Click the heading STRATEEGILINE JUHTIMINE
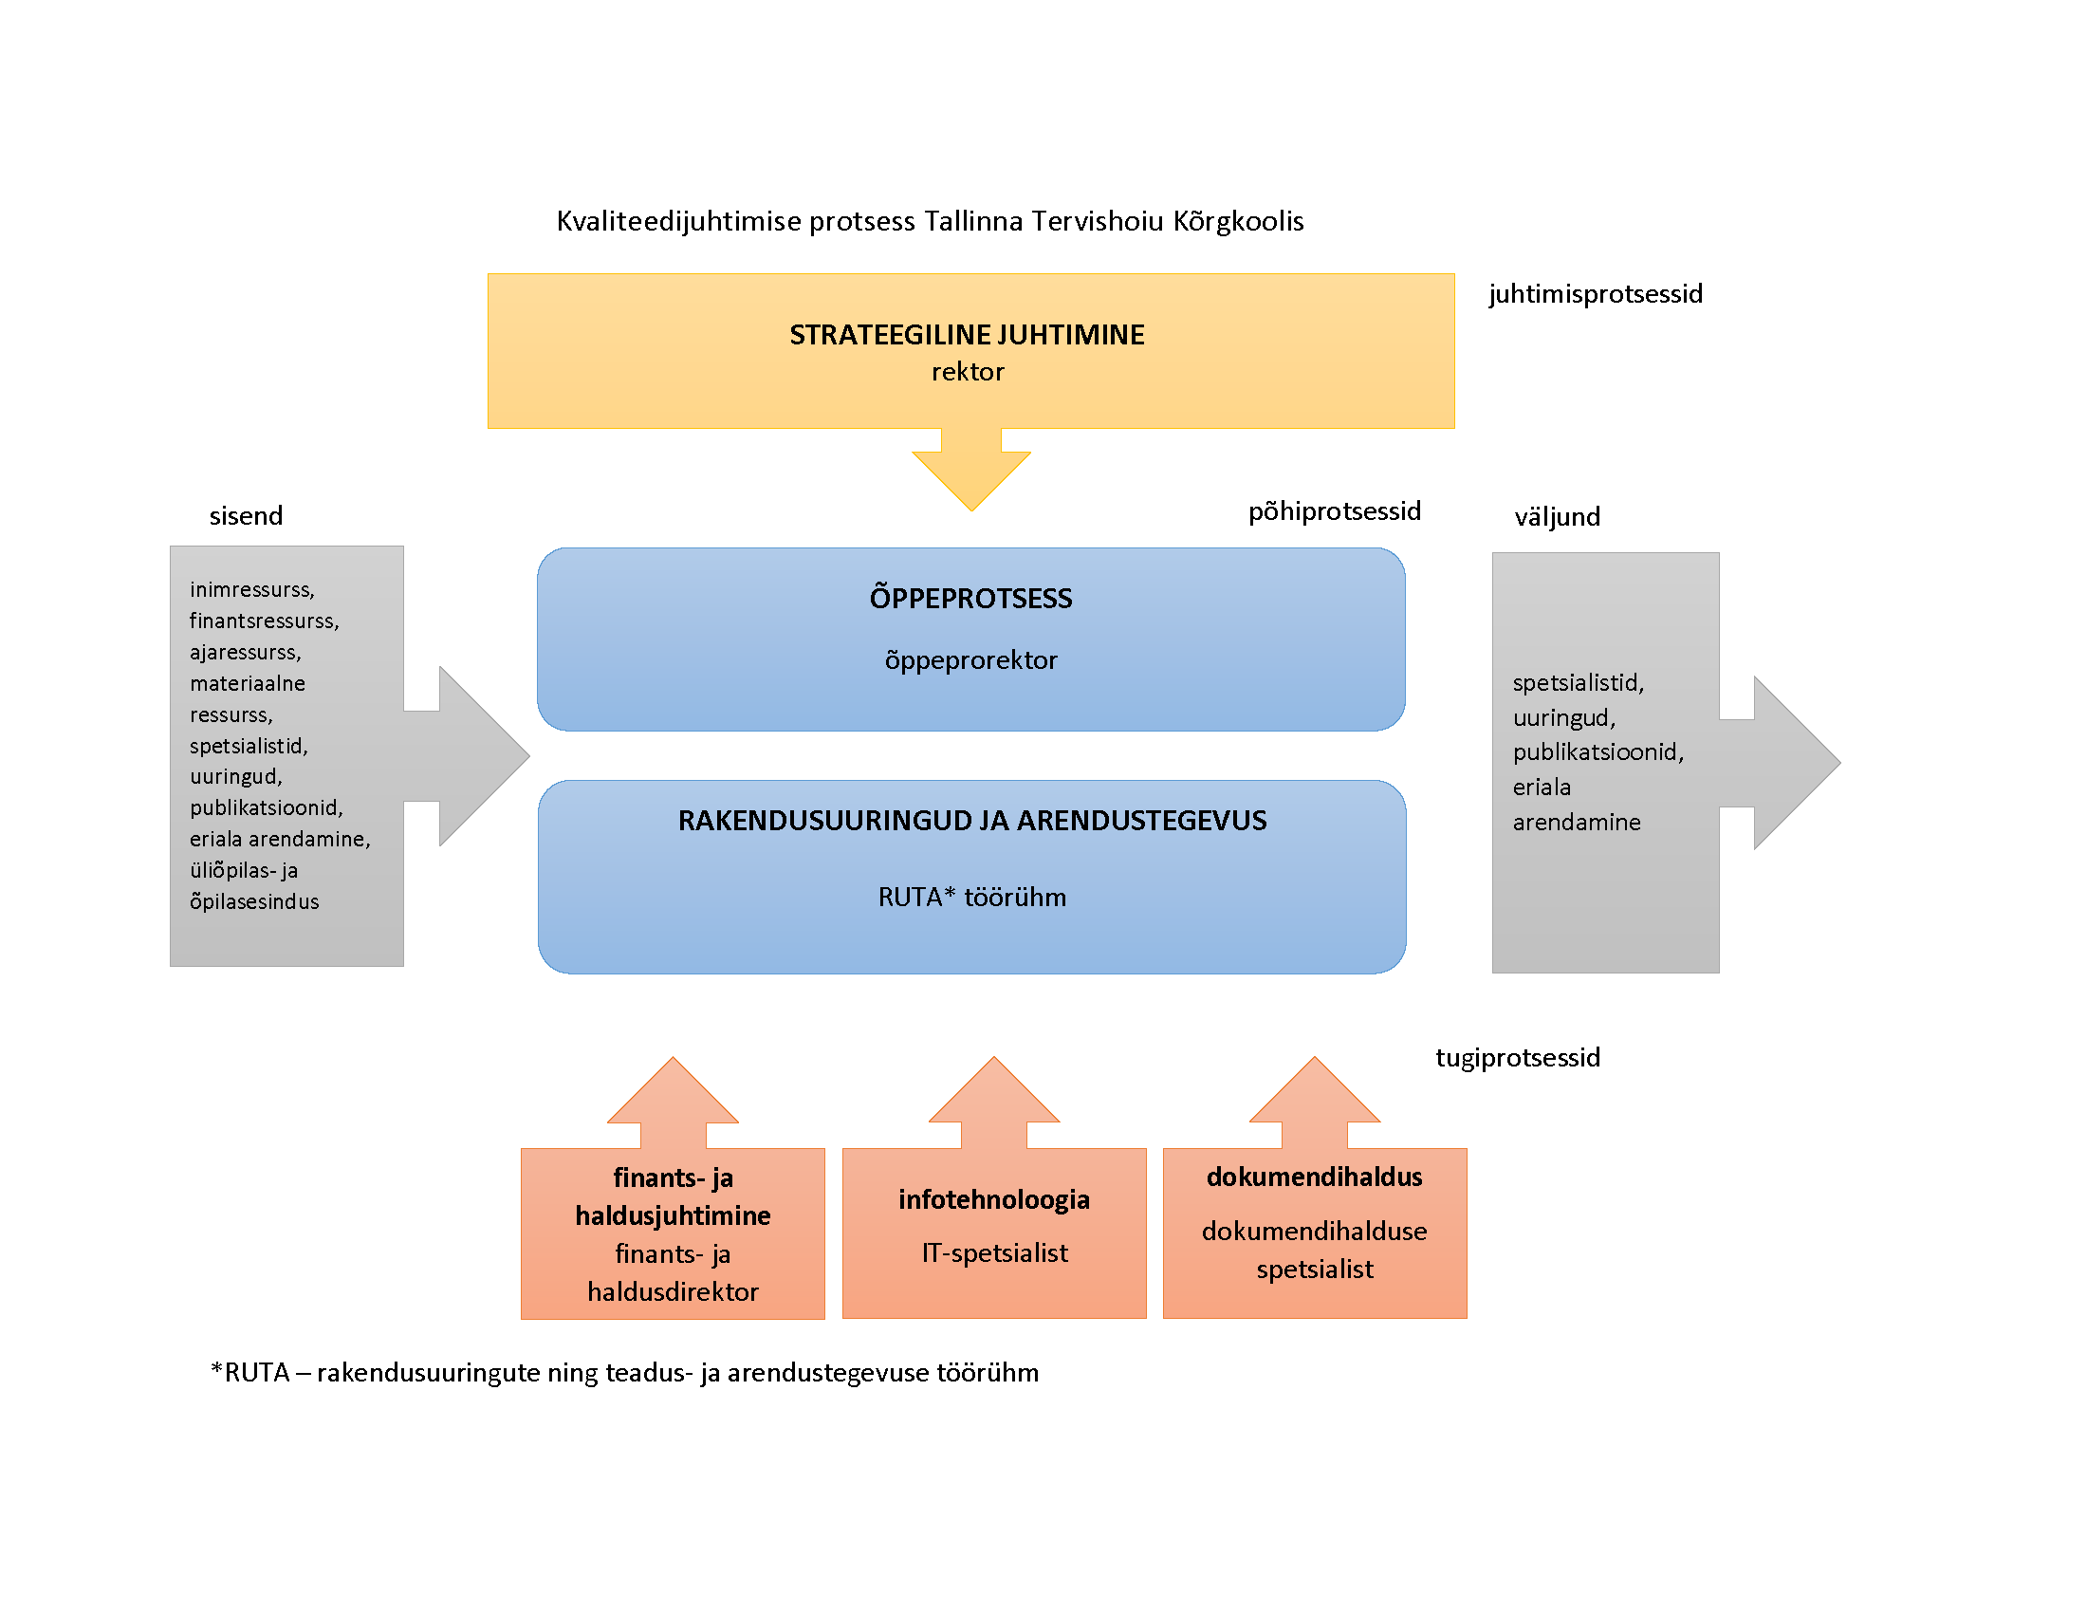click(966, 334)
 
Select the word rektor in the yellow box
click(967, 372)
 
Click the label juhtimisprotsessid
click(1595, 293)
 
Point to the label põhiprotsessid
click(1334, 511)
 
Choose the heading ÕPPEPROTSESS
click(970, 598)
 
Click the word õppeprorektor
click(970, 660)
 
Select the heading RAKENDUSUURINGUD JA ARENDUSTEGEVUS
click(971, 821)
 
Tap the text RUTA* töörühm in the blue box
click(971, 898)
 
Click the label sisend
click(246, 516)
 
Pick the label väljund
click(1557, 517)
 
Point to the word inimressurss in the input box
click(251, 589)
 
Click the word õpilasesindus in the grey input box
click(254, 902)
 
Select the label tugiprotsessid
click(1518, 1058)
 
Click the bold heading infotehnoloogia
click(994, 1199)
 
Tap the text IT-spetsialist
click(994, 1252)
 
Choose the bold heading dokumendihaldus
click(1314, 1177)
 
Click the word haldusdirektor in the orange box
click(673, 1292)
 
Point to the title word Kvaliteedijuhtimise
click(678, 222)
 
